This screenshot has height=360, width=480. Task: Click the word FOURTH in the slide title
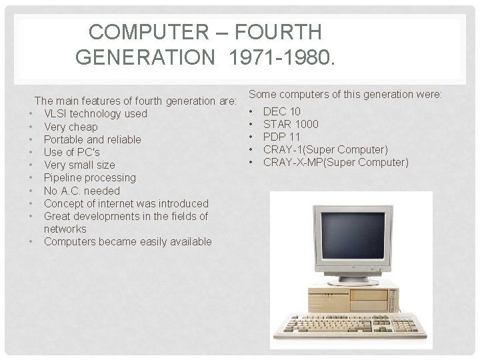pos(280,31)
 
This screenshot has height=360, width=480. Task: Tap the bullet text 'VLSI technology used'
pos(95,114)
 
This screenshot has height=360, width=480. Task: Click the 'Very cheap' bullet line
pos(71,127)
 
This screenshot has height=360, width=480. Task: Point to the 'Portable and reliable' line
pos(92,139)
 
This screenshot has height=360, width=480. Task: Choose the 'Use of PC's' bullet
pos(72,152)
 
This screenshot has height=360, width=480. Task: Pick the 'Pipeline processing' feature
pos(89,177)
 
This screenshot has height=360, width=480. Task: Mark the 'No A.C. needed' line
pos(82,191)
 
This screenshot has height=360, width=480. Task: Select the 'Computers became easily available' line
pos(127,241)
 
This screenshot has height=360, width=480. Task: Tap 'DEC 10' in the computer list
pos(282,111)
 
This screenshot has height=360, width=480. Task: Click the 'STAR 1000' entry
pos(291,124)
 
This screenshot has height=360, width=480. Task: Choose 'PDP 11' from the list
pos(282,137)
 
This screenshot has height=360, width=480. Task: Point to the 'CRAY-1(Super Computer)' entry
pos(325,149)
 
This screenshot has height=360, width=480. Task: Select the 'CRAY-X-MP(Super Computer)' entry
pos(335,162)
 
